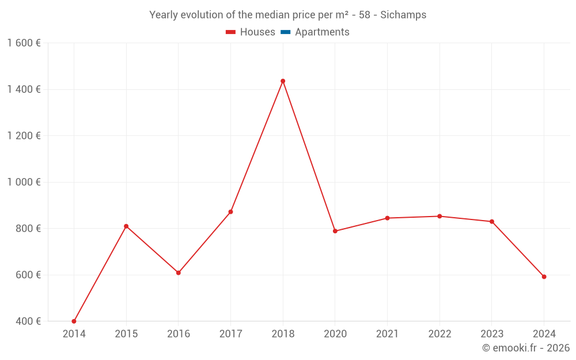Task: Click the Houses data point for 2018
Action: pos(283,81)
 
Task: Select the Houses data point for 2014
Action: pos(74,321)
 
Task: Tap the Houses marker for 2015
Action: pos(126,226)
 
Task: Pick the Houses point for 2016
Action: pos(179,273)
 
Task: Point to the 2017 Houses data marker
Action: pos(230,212)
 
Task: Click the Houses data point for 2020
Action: pos(335,231)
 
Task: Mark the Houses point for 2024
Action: pos(544,277)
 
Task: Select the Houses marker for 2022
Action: pos(439,217)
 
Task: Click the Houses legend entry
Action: pos(251,32)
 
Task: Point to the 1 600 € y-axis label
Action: pos(24,43)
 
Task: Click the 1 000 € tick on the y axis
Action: pos(24,182)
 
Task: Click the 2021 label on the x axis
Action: pos(387,334)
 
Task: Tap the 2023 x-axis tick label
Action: pos(491,334)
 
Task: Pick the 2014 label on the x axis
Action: pos(74,334)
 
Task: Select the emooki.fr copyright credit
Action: pos(526,348)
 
